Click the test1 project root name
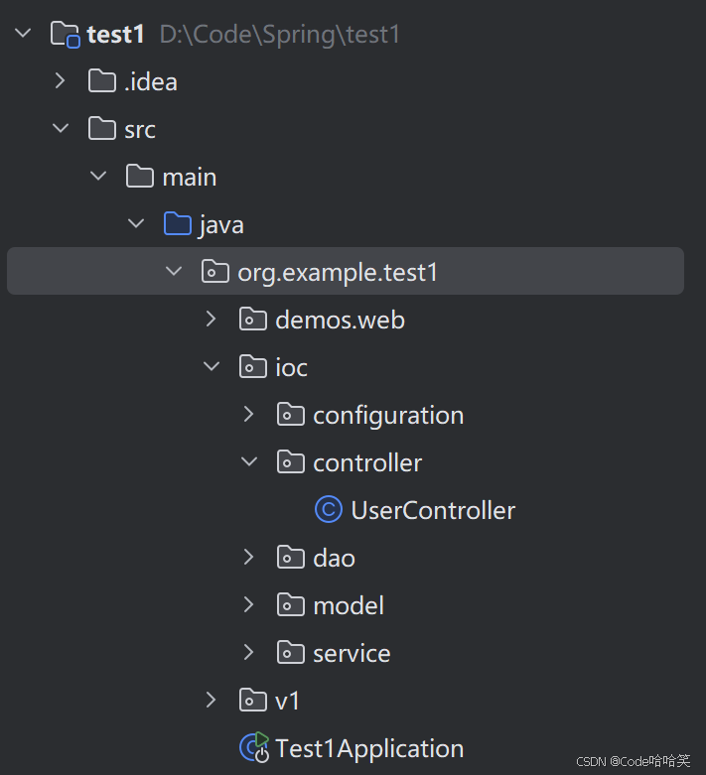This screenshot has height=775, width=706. coord(116,35)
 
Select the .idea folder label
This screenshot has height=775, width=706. coord(151,82)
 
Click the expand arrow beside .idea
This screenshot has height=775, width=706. coord(61,81)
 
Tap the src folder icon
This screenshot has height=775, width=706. coord(101,129)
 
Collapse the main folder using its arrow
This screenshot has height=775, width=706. coord(98,177)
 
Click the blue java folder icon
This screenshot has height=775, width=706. coord(177,224)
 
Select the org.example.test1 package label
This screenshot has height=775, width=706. coord(338,272)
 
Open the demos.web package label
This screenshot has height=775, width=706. coord(340,320)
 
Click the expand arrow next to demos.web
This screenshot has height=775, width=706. coord(211,320)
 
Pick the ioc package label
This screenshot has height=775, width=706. coord(291,367)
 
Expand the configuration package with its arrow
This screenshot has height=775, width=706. coord(249,415)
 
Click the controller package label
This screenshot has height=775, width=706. coord(367,462)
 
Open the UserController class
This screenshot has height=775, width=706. coord(433,510)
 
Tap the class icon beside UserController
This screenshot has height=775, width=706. coord(329,510)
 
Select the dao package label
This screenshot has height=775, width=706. coord(334,558)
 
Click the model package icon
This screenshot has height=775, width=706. coord(290,605)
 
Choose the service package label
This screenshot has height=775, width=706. coord(352,653)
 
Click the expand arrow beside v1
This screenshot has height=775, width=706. coord(211,701)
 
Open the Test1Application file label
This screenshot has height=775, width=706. coord(369,748)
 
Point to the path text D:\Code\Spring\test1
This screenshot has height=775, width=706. coord(279,35)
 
